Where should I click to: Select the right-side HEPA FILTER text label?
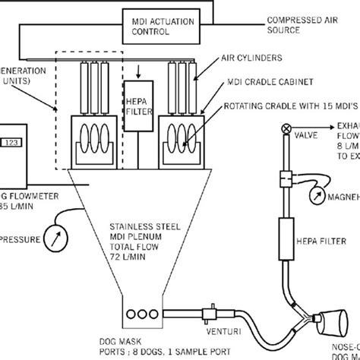pos(330,243)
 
